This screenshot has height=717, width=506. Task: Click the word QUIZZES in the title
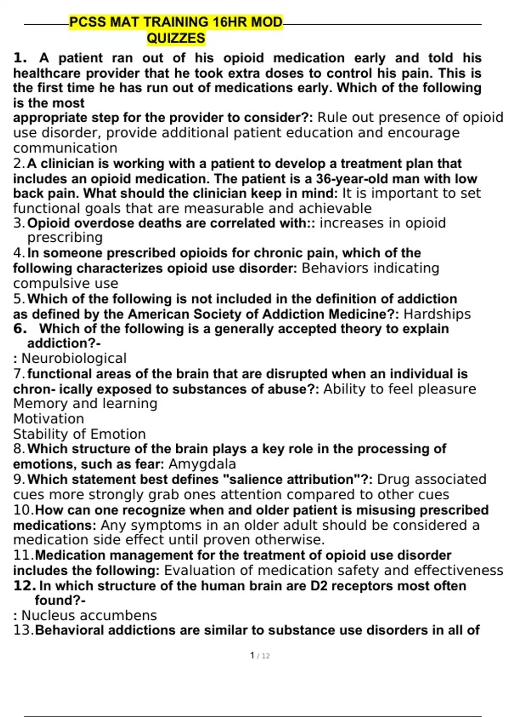pyautogui.click(x=176, y=38)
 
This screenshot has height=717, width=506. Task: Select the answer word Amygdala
pyautogui.click(x=202, y=464)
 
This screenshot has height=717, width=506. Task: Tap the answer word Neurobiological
pyautogui.click(x=74, y=358)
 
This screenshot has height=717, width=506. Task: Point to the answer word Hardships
pyautogui.click(x=437, y=314)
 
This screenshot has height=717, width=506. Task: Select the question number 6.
pyautogui.click(x=20, y=329)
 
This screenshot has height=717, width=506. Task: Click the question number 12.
pyautogui.click(x=24, y=585)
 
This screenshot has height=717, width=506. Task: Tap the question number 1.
pyautogui.click(x=20, y=58)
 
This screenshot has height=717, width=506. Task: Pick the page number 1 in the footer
pyautogui.click(x=252, y=655)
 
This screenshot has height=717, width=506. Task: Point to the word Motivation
pyautogui.click(x=48, y=419)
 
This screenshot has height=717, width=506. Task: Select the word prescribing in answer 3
pyautogui.click(x=65, y=237)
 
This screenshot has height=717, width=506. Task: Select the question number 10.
pyautogui.click(x=23, y=510)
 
